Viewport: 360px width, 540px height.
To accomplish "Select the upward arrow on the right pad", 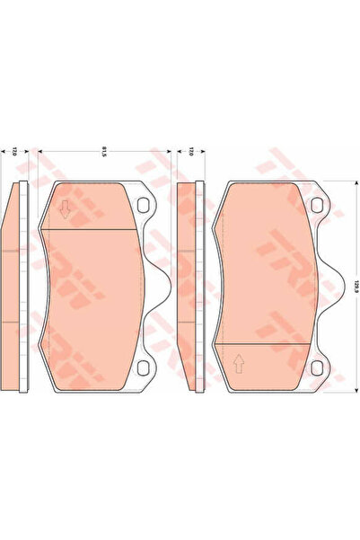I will click(239, 364).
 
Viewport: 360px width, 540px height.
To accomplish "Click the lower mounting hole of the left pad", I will click(145, 367).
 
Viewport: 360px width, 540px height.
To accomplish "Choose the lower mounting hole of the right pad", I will click(317, 367).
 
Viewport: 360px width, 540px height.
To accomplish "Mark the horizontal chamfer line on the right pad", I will click(264, 344).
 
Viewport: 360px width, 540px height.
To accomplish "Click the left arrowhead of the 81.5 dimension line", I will click(38, 154).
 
